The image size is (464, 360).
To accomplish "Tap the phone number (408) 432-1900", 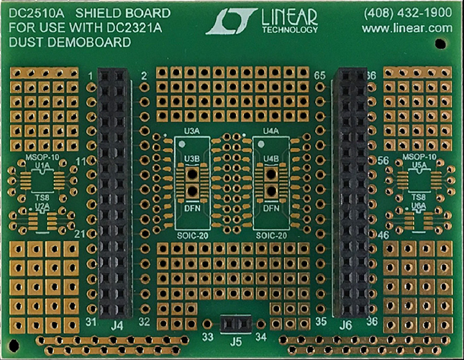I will coord(406,12).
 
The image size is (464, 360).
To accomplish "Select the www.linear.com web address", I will coord(406,28).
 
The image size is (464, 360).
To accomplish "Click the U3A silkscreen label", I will coord(192,132).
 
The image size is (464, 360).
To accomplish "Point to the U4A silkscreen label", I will coord(271,132).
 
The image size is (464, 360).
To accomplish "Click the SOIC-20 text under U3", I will coord(192,235).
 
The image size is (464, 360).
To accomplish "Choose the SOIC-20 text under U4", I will coord(271,235).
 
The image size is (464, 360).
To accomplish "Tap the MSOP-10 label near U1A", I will coord(42,158).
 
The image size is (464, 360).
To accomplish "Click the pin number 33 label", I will coord(208,336).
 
